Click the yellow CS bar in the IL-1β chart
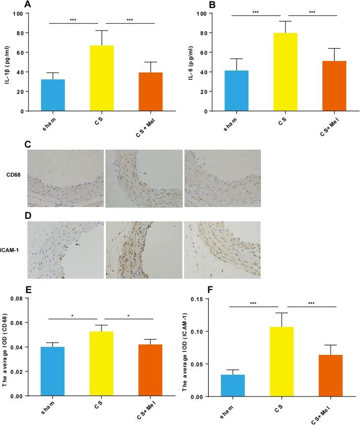[x=102, y=78]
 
